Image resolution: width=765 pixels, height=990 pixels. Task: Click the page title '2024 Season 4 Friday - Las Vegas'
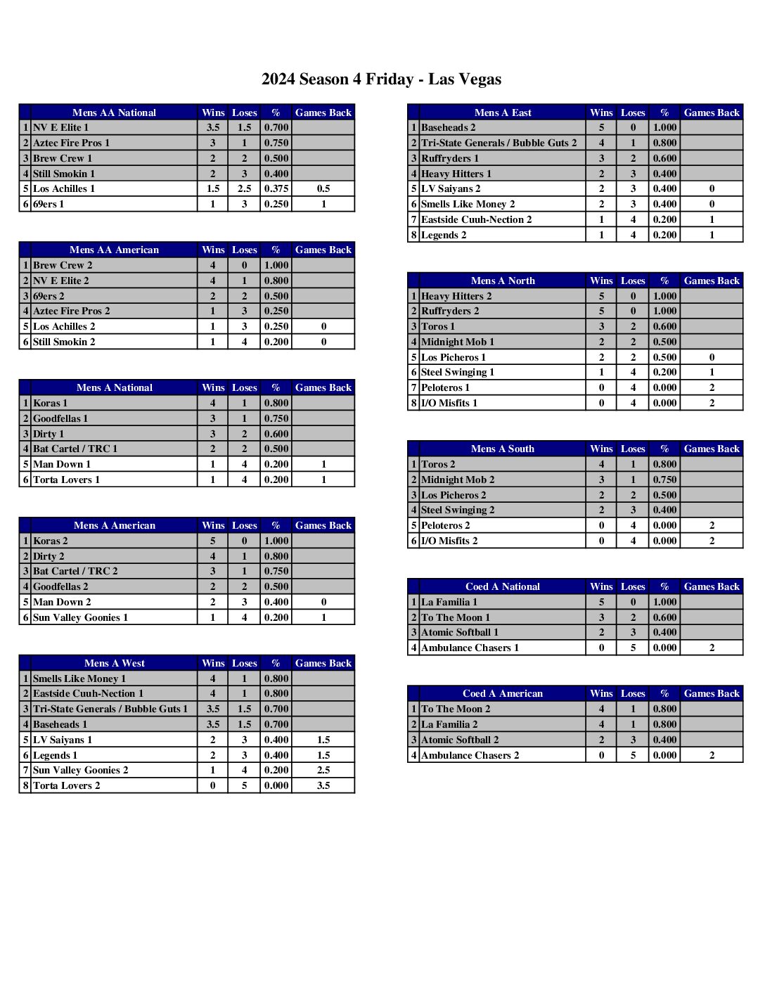coord(381,79)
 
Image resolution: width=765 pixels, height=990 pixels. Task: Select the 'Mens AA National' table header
coord(114,112)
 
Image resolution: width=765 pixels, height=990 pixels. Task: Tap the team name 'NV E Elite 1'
coord(61,127)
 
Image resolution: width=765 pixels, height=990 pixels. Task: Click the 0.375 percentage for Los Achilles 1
coord(276,188)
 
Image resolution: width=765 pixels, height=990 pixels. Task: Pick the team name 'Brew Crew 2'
coord(63,265)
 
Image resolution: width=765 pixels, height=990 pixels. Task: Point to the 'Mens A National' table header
coord(114,387)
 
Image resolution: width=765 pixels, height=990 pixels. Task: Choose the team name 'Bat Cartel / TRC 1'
coord(75,449)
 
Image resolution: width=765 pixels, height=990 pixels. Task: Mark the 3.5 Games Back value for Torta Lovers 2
coord(323,785)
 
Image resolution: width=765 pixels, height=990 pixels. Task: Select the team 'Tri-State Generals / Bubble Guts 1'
coord(110,709)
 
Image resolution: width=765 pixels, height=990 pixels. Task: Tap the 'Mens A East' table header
coord(503,112)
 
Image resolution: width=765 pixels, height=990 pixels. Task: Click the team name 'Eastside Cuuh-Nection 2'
coord(476,219)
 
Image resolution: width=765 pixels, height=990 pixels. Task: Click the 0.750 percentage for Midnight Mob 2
coord(664,480)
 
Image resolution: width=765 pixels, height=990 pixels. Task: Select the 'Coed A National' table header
coord(503,586)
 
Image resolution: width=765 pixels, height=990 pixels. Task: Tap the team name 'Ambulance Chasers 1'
coord(470,648)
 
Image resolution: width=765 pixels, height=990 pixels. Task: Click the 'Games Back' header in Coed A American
coord(712,693)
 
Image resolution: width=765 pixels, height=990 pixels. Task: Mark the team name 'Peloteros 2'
coord(446,525)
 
